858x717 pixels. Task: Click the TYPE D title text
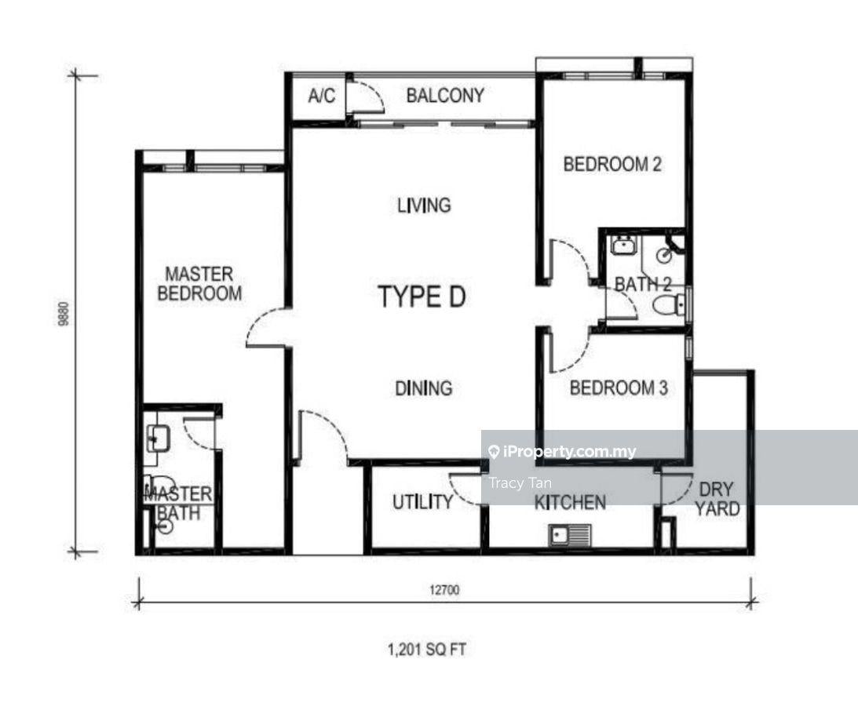[422, 297]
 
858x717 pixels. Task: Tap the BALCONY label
[445, 96]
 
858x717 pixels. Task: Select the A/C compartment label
[321, 96]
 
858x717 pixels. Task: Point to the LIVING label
[424, 206]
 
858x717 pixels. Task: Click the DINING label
[424, 388]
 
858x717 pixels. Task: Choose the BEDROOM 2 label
[612, 164]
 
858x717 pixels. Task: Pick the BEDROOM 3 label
[619, 388]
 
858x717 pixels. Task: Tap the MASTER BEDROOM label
[199, 283]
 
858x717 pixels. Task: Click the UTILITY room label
[423, 502]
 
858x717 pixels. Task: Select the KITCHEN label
[570, 503]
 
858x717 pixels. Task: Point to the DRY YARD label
[717, 499]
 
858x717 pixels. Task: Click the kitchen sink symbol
[570, 535]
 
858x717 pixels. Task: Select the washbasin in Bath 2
[623, 245]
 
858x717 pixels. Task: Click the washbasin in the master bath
[158, 438]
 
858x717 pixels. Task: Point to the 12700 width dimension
[444, 590]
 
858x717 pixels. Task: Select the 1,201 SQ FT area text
[427, 650]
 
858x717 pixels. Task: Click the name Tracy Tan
[520, 483]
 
